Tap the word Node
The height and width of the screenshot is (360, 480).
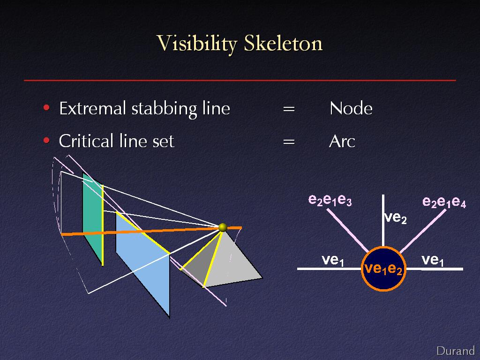pyautogui.click(x=351, y=108)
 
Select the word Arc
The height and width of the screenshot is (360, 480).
pyautogui.click(x=342, y=142)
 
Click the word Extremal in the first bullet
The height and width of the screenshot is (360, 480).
pyautogui.click(x=93, y=108)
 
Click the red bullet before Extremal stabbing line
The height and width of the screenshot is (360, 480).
pyautogui.click(x=46, y=108)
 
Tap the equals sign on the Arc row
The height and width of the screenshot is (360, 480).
pyautogui.click(x=289, y=142)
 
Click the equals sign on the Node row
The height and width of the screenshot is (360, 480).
pyautogui.click(x=289, y=109)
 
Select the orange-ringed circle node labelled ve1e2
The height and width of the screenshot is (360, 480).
pyautogui.click(x=383, y=269)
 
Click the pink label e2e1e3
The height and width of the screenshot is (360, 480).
pyautogui.click(x=330, y=200)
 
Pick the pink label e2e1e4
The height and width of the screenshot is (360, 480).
pyautogui.click(x=444, y=202)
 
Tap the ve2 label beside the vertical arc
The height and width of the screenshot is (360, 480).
pyautogui.click(x=396, y=217)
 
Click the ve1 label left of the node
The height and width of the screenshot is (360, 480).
pyautogui.click(x=333, y=260)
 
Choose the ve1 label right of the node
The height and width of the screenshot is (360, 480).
pyautogui.click(x=433, y=260)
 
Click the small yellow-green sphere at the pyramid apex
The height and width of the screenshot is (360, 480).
pyautogui.click(x=223, y=227)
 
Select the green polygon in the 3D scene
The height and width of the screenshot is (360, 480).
pyautogui.click(x=93, y=219)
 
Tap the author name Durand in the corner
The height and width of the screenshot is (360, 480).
pyautogui.click(x=456, y=351)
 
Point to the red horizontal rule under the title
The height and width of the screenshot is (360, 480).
pyautogui.click(x=240, y=81)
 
